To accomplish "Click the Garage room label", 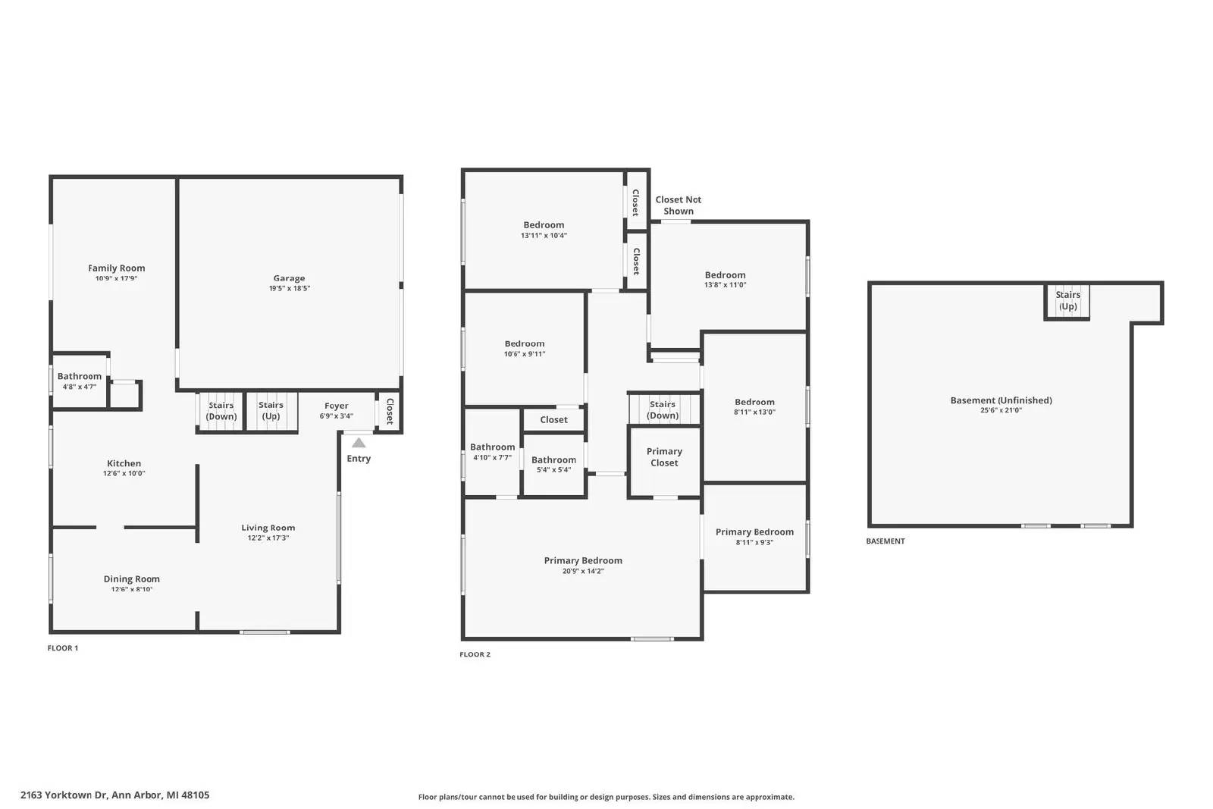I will (x=289, y=278).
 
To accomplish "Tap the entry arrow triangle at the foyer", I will (x=359, y=443).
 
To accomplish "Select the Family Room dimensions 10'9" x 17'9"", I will (x=116, y=278).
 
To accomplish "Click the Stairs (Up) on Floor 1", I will (x=271, y=411).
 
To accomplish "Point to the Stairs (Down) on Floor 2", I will (x=663, y=409).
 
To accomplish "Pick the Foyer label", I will (x=336, y=406).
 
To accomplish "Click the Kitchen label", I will (x=124, y=463).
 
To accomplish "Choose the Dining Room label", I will (x=131, y=579).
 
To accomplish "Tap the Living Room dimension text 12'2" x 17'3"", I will (x=268, y=538).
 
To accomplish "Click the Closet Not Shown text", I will (x=678, y=205).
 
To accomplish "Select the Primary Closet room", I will (x=664, y=457).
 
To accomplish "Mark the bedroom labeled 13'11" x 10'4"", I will (x=544, y=230).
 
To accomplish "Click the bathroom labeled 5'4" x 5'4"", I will (x=553, y=464).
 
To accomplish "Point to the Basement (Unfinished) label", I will (x=1001, y=400).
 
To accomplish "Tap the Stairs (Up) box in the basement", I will (x=1067, y=300).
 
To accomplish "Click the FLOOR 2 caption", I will (x=475, y=654).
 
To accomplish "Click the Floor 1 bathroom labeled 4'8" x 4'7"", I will (x=80, y=381).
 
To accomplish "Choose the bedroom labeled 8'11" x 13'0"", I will (x=754, y=406).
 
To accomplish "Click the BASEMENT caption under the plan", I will (x=885, y=541).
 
